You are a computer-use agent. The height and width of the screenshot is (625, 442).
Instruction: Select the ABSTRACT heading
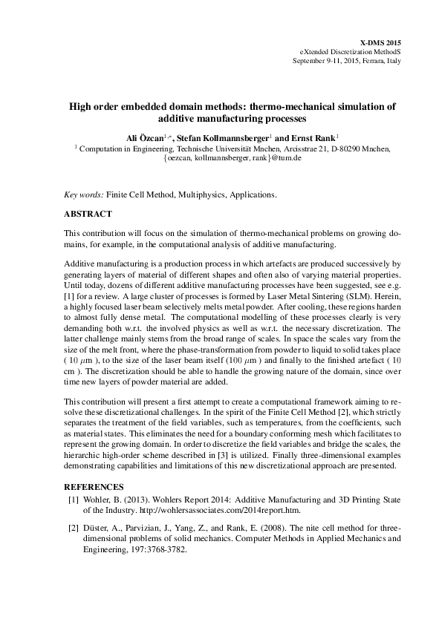coord(88,214)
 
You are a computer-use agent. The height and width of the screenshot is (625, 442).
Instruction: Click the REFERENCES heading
coord(92,487)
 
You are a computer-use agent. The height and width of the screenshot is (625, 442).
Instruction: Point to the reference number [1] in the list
coord(74,500)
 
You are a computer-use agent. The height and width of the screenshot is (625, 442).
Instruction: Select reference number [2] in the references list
coord(74,528)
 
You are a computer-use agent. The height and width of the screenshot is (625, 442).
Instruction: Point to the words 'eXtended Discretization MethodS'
coord(350,53)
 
